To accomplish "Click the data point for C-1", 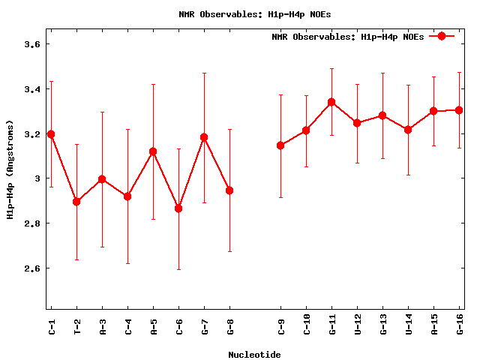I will [x=51, y=134].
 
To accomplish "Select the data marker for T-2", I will [x=76, y=202].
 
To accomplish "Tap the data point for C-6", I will [x=178, y=208].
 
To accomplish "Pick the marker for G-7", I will [x=204, y=137].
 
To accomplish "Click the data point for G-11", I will [x=331, y=102].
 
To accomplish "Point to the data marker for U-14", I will [x=408, y=130].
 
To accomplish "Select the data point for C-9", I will [x=280, y=145].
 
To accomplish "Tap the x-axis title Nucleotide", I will [x=254, y=355].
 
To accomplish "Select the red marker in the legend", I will [x=442, y=36].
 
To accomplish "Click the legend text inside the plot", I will [x=347, y=36].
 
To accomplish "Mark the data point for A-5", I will [x=153, y=151].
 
